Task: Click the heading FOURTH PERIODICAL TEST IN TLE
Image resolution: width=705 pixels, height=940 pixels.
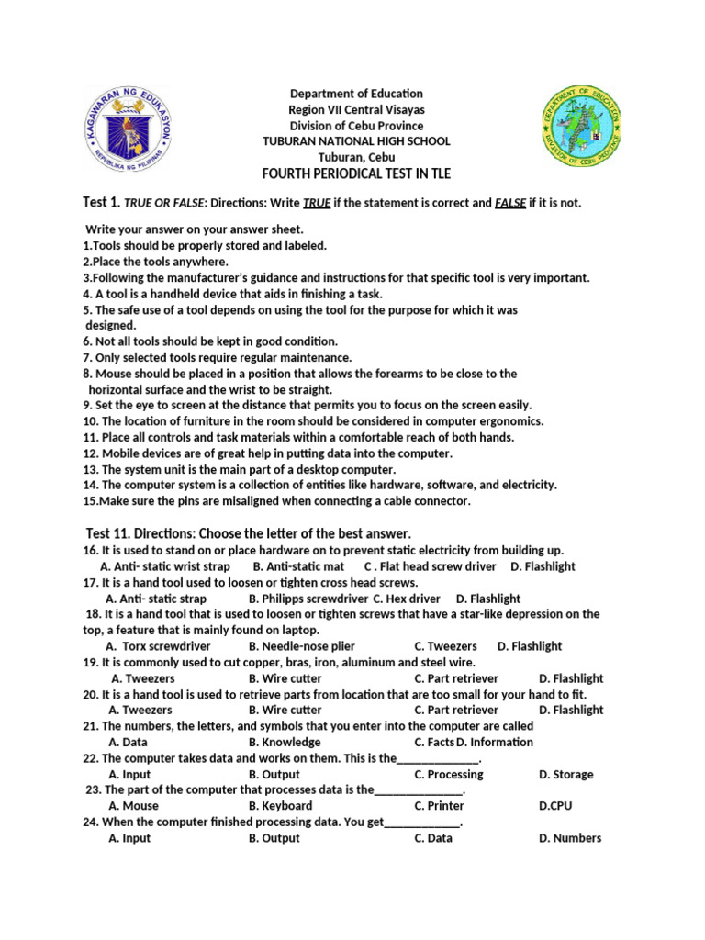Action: pyautogui.click(x=357, y=173)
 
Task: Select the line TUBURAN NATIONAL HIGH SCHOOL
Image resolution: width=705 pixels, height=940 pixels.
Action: pyautogui.click(x=357, y=141)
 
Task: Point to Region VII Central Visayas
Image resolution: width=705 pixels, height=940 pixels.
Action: pyautogui.click(x=357, y=110)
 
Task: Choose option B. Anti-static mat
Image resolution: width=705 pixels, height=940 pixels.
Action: pyautogui.click(x=298, y=566)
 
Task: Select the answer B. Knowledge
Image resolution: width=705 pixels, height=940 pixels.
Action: pyautogui.click(x=285, y=742)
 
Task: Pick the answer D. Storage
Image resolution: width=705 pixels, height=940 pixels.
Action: pyautogui.click(x=566, y=774)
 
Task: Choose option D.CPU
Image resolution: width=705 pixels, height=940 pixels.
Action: pyautogui.click(x=556, y=806)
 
